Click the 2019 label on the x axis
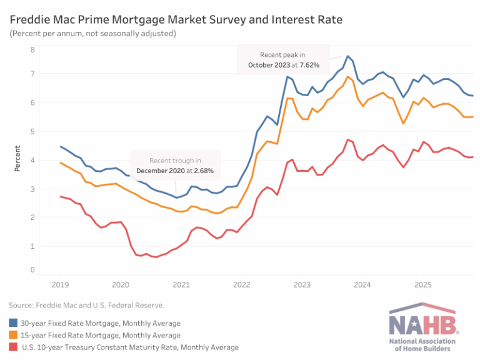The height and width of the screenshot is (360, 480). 61,285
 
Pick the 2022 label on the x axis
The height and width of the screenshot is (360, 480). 241,285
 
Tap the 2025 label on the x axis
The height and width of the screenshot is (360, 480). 422,285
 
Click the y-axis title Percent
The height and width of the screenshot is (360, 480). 17,159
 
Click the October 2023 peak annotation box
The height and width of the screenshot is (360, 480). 283,59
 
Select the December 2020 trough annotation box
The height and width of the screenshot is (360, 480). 175,166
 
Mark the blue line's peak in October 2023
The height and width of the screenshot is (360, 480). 348,56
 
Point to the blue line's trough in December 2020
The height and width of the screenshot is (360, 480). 177,197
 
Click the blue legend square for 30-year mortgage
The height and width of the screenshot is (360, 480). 13,323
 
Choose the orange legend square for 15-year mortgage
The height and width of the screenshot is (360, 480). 13,335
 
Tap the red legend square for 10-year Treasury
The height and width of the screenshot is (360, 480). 13,347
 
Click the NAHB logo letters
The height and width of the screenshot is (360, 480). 423,324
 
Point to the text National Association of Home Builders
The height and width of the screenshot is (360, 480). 423,345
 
